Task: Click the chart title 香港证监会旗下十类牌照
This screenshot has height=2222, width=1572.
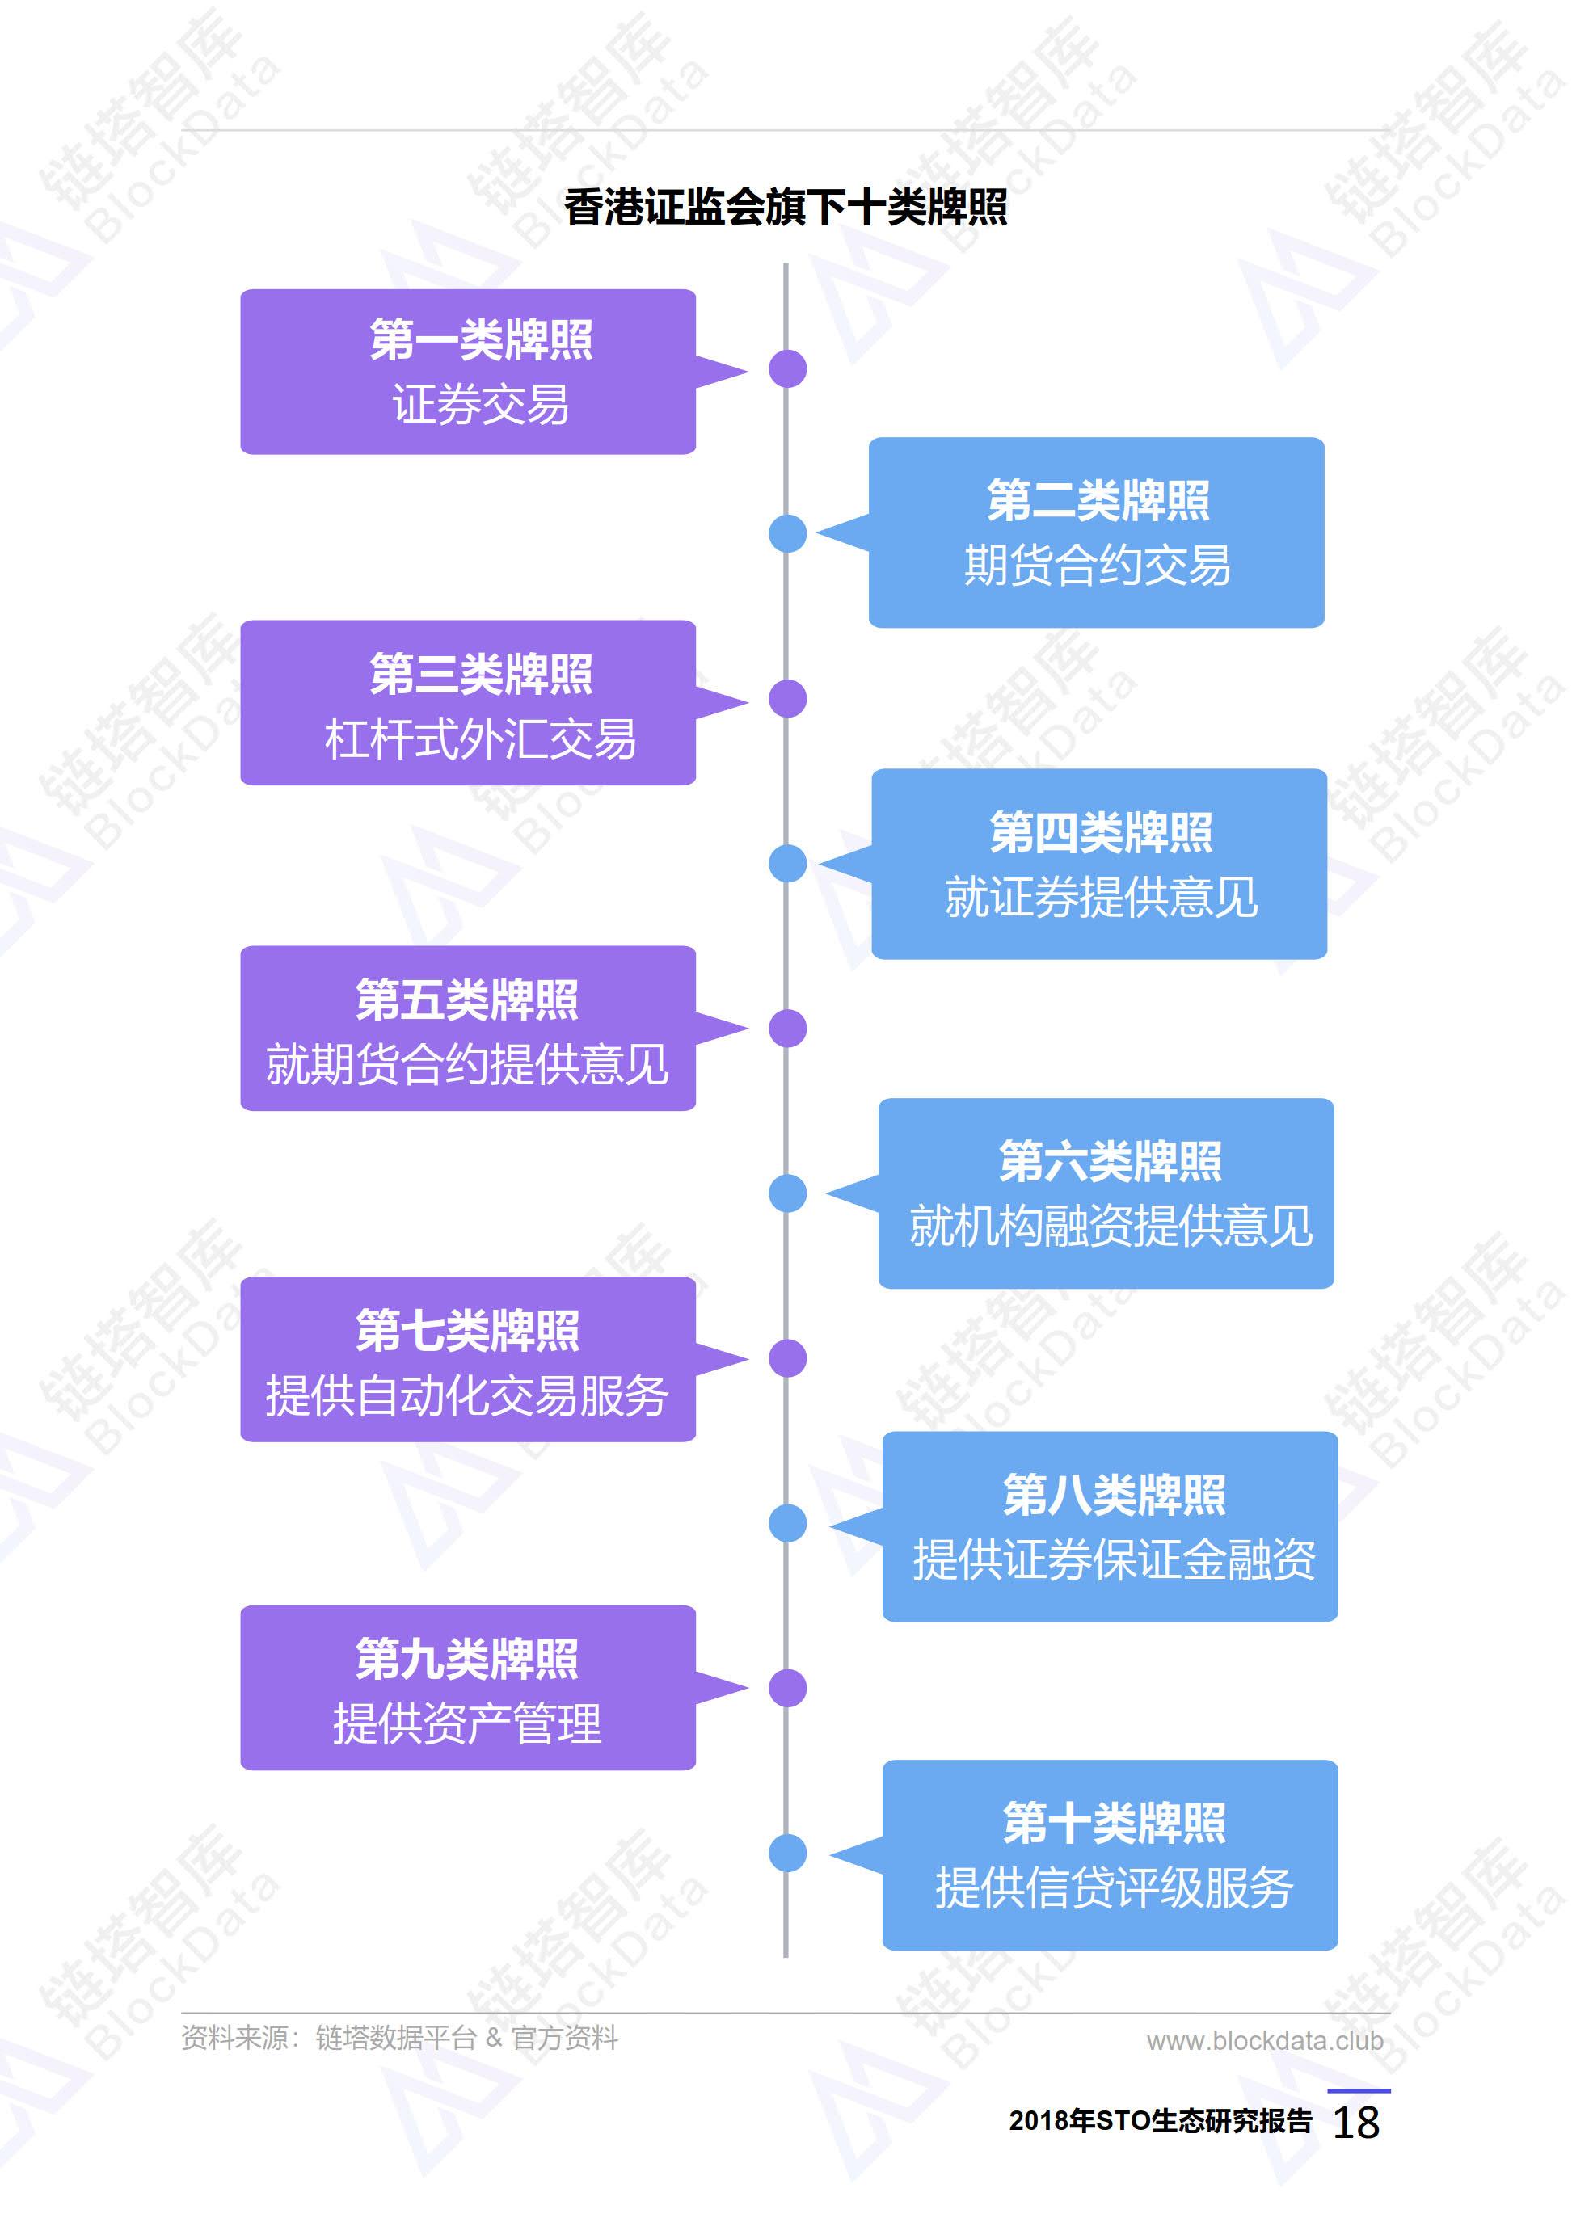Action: click(785, 207)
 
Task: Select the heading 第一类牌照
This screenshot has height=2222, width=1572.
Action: click(481, 339)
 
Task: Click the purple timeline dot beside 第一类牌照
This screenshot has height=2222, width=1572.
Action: click(788, 368)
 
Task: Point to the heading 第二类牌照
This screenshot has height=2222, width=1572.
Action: click(1098, 500)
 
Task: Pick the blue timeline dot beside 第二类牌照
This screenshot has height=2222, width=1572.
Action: click(788, 533)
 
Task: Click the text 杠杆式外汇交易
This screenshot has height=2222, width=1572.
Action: click(481, 739)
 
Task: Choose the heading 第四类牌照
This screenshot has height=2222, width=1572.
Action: click(1101, 832)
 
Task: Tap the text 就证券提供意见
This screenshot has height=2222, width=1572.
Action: click(1101, 897)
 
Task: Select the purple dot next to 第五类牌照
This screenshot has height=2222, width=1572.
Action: click(788, 1028)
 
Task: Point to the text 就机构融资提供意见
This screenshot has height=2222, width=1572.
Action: click(1111, 1227)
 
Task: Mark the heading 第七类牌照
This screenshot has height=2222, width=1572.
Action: click(467, 1330)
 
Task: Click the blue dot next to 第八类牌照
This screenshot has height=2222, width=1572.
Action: click(788, 1522)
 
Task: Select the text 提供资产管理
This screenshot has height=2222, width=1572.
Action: click(467, 1723)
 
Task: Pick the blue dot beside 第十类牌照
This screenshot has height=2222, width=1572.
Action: click(788, 1852)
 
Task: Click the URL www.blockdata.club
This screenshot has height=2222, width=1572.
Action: click(1265, 2041)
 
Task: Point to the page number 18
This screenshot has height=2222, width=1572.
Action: click(1356, 2123)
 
